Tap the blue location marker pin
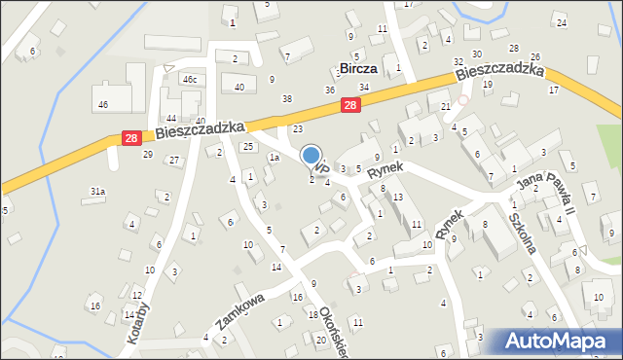[311, 157]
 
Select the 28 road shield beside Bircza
[351, 105]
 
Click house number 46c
[191, 79]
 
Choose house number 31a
[97, 192]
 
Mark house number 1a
[275, 157]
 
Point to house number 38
[286, 98]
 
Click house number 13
[398, 198]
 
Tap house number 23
[298, 128]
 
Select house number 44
[171, 118]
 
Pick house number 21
[445, 106]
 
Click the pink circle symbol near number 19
[464, 99]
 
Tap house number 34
[363, 87]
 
